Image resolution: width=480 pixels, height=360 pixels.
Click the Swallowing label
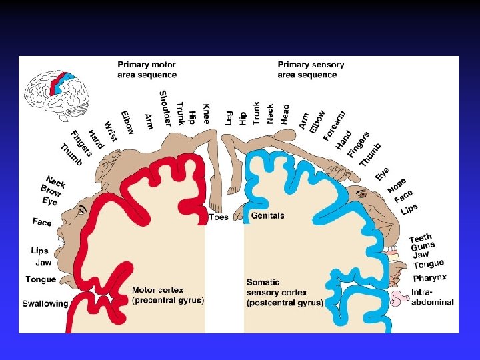click(x=45, y=304)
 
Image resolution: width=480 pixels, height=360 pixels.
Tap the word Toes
click(x=218, y=217)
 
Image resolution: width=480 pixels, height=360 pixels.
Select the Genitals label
click(x=267, y=216)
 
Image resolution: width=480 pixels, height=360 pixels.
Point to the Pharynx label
click(x=430, y=277)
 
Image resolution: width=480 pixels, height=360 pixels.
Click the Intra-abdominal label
click(x=433, y=297)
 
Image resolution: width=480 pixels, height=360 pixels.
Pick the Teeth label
click(x=421, y=238)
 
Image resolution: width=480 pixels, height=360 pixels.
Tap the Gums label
click(x=423, y=247)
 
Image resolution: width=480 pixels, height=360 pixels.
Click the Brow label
click(x=51, y=190)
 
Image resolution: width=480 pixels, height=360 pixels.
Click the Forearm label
click(x=334, y=125)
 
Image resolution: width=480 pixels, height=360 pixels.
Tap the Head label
click(x=286, y=113)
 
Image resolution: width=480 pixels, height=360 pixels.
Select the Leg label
click(x=229, y=118)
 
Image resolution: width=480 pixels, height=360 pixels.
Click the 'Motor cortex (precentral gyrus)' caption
click(x=168, y=295)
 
